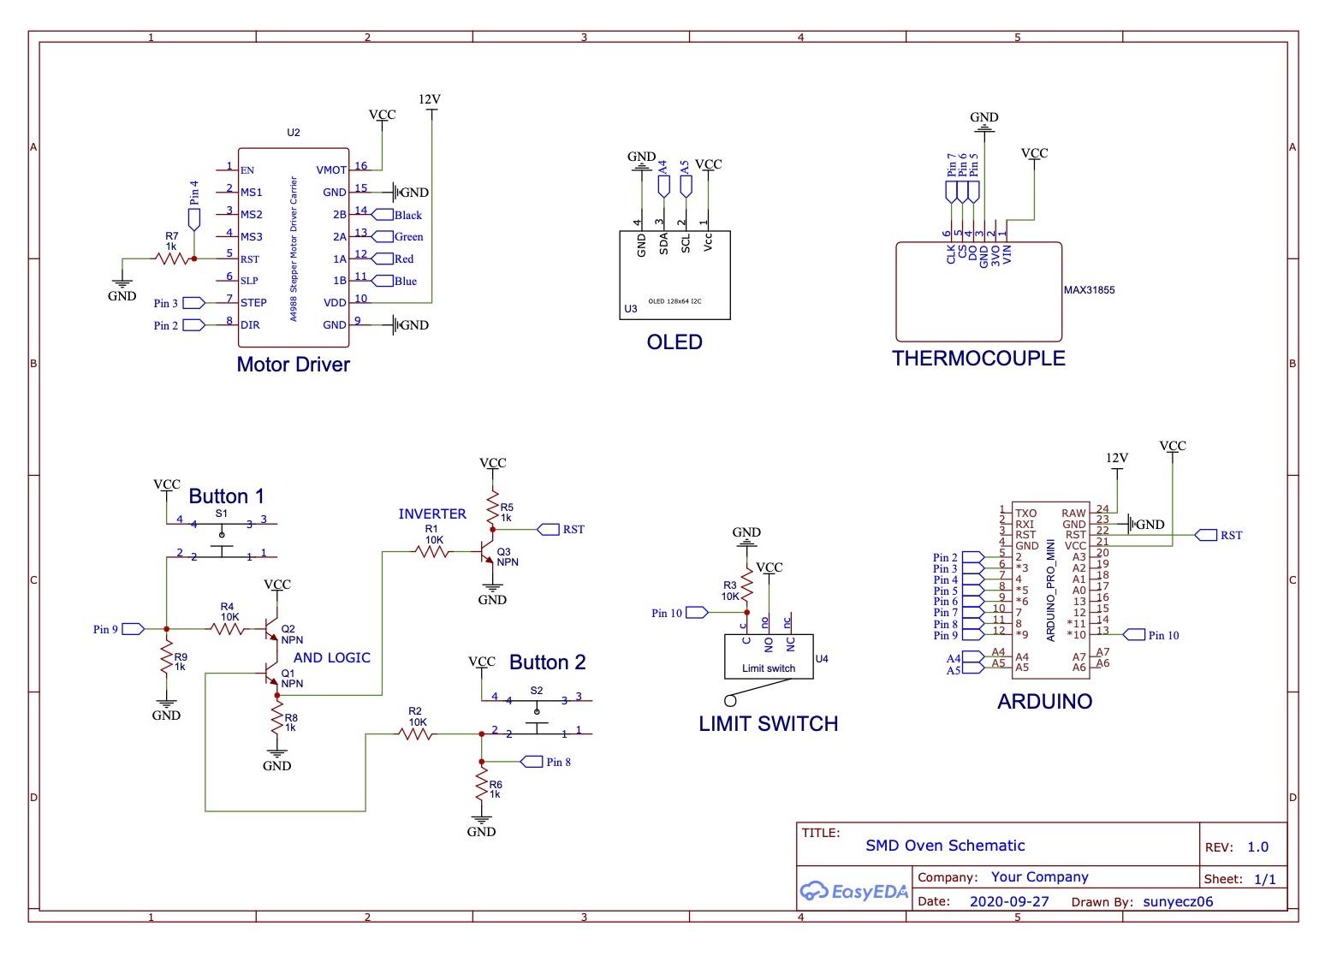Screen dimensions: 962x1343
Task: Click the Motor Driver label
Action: pos(293,365)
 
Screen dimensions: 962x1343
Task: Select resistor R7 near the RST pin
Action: pos(171,257)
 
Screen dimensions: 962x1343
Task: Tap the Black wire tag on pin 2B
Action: pos(407,215)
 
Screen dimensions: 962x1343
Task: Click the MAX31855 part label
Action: pos(1089,290)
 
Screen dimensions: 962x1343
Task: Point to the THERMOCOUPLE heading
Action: pos(978,359)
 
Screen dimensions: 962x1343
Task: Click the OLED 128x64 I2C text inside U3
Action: pos(674,301)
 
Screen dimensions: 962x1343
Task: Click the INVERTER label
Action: pos(432,514)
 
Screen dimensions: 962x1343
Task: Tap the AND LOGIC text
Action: pos(332,658)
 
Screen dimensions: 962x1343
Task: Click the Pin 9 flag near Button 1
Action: pos(134,629)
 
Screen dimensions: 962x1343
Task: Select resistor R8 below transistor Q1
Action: pos(276,722)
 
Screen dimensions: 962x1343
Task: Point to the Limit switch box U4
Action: pos(768,656)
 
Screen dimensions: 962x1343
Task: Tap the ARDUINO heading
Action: pos(1044,702)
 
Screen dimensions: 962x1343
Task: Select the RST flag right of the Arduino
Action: pos(1228,535)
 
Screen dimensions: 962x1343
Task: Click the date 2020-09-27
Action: pos(1008,901)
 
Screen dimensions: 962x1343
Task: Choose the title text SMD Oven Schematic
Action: pos(944,846)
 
